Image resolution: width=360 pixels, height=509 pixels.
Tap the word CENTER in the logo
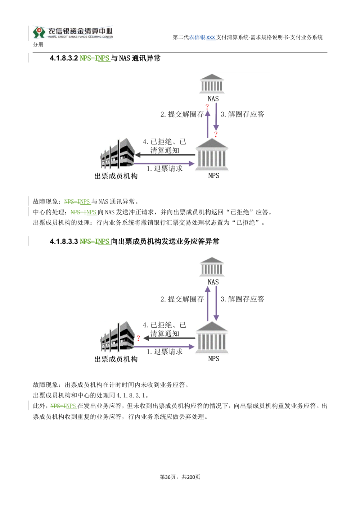click(x=107, y=37)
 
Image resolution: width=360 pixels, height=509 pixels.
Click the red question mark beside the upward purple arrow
click(x=207, y=107)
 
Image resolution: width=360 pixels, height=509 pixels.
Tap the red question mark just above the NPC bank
click(x=216, y=135)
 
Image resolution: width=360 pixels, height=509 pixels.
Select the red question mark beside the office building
click(x=138, y=338)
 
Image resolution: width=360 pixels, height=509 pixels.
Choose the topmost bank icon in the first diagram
click(x=212, y=84)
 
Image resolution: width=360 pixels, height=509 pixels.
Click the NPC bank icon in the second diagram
click(x=212, y=338)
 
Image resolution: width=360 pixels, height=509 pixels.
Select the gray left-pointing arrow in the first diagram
click(x=166, y=155)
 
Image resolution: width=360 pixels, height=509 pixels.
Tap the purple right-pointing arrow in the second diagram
click(x=165, y=347)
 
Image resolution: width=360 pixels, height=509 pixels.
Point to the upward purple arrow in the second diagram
click(x=207, y=302)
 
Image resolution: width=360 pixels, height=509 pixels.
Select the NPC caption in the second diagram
click(x=213, y=359)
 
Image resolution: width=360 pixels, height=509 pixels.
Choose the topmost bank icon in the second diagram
click(x=213, y=267)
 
